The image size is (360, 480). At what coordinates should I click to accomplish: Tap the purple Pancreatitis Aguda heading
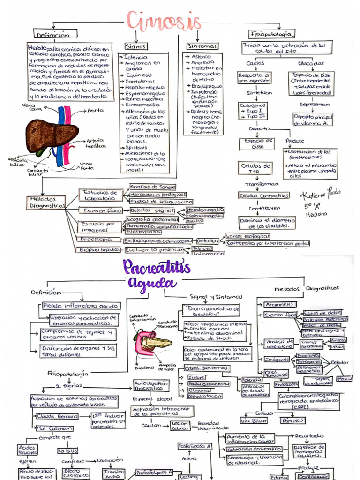point(157,275)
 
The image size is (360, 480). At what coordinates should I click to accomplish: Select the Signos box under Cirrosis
point(136,46)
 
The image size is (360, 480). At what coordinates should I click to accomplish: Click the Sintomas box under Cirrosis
point(202,46)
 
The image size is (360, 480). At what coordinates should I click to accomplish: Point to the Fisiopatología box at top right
point(272,34)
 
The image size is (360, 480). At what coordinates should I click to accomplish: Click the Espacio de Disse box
point(256,143)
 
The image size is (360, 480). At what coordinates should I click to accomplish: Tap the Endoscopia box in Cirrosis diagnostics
point(95,239)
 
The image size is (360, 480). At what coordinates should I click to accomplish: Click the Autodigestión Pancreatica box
point(151,385)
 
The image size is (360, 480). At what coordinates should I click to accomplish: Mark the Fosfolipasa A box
point(195,446)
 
